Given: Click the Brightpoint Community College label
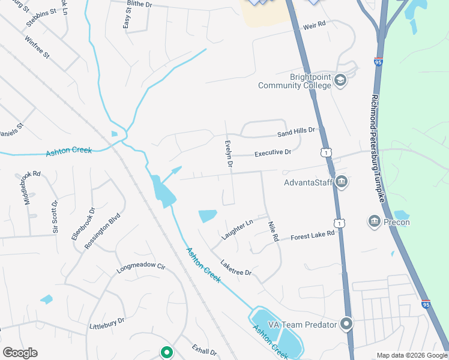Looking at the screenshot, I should coord(294,81).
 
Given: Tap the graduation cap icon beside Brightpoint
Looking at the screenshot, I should coord(340,80).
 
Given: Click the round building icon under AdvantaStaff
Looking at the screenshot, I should coord(341,181).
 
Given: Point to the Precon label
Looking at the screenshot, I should coord(397,222).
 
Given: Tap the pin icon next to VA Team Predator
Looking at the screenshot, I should coord(346,325).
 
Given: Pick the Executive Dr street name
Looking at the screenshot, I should coord(273,153).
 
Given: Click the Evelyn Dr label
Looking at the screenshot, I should coord(229,154).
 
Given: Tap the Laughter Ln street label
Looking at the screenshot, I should coord(237,230).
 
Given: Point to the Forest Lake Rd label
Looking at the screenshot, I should coord(312,236).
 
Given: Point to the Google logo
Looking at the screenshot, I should coord(20,353).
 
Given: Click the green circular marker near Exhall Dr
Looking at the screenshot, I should coord(166,352).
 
